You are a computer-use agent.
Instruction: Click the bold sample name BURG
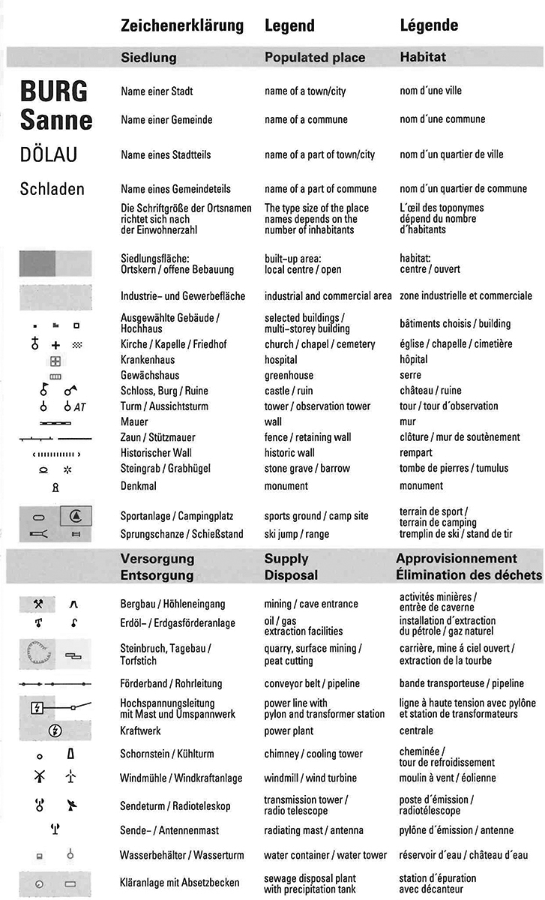pyautogui.click(x=54, y=91)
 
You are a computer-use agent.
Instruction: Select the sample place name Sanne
pyautogui.click(x=56, y=120)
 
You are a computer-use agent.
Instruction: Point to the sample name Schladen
pyautogui.click(x=52, y=189)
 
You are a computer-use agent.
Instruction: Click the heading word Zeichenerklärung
pyautogui.click(x=182, y=25)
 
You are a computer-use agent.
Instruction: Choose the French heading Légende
pyautogui.click(x=429, y=25)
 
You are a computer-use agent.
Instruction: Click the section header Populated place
pyautogui.click(x=315, y=57)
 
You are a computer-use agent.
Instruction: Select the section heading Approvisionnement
pyautogui.click(x=457, y=559)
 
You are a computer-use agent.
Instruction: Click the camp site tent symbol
pyautogui.click(x=76, y=516)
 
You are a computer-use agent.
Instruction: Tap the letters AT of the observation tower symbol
pyautogui.click(x=80, y=406)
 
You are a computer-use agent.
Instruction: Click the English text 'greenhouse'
pyautogui.click(x=289, y=375)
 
